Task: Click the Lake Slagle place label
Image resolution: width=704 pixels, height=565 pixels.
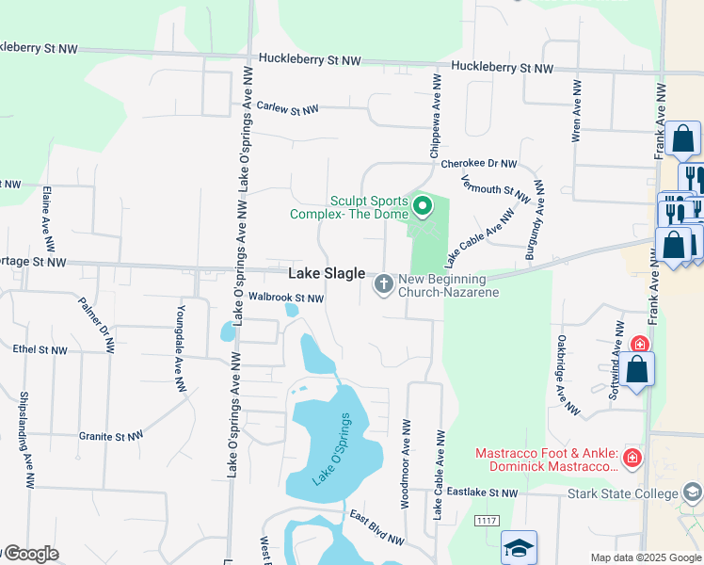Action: pyautogui.click(x=326, y=273)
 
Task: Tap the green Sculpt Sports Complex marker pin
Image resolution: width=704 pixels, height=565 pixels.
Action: pyautogui.click(x=423, y=204)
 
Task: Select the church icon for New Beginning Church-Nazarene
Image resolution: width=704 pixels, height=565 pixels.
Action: pyautogui.click(x=384, y=283)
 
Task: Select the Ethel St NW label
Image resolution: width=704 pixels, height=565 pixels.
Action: pyautogui.click(x=40, y=349)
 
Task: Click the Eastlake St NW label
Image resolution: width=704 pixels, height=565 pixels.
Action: pyautogui.click(x=482, y=492)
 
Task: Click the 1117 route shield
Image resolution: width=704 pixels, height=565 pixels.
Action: pyautogui.click(x=487, y=521)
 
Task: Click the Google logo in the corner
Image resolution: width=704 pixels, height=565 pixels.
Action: pyautogui.click(x=30, y=554)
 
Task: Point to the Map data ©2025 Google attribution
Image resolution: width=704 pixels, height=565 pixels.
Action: pyautogui.click(x=646, y=557)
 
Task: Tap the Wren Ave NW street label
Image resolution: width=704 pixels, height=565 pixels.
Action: pyautogui.click(x=577, y=111)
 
